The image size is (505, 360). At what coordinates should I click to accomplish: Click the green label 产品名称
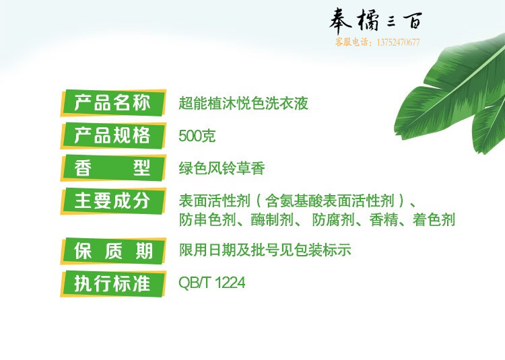[x=113, y=103]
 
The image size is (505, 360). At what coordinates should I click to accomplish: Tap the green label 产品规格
[x=113, y=135]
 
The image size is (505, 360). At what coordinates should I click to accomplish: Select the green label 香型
[x=113, y=168]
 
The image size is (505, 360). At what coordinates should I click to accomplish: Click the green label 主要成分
[x=113, y=201]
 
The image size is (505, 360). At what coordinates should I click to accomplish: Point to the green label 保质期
[x=113, y=251]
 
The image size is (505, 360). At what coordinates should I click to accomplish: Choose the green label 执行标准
[x=113, y=284]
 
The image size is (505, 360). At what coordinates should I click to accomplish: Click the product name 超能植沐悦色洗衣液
[x=244, y=103]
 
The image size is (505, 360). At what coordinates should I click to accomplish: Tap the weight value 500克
[x=197, y=136]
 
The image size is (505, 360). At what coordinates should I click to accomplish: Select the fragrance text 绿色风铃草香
[x=222, y=168]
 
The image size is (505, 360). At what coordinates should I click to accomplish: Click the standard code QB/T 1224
[x=212, y=283]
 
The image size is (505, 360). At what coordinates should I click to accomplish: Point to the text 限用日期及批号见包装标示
[x=265, y=250]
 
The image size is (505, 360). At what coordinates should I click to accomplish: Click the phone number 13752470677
[x=398, y=42]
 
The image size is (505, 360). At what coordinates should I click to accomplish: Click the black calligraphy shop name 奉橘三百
[x=376, y=20]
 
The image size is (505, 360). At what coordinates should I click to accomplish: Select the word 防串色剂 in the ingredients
[x=207, y=220]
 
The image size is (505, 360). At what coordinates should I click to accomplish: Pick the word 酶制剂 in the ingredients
[x=272, y=220]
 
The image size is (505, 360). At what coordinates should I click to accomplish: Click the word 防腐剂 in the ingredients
[x=333, y=220]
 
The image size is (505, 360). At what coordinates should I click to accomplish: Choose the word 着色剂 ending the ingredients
[x=434, y=220]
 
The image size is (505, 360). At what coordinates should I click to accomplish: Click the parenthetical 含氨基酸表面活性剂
[x=330, y=201]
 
